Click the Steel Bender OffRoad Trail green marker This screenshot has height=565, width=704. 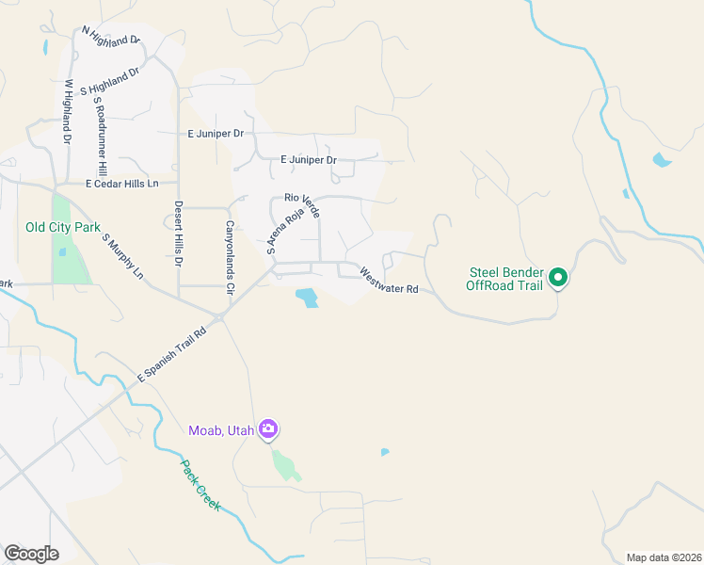(x=557, y=277)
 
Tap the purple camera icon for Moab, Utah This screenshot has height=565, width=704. (x=268, y=429)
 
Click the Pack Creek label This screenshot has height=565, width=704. (x=200, y=486)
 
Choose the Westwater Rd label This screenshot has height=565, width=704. (x=389, y=282)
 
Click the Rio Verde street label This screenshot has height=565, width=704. (x=302, y=205)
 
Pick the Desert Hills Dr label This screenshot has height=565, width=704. (x=178, y=234)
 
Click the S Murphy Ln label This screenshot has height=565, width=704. (x=123, y=257)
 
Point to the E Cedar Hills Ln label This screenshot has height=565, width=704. (x=121, y=184)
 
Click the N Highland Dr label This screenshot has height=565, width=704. (x=110, y=37)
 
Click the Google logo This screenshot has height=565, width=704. (x=31, y=554)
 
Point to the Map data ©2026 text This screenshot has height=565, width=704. (x=664, y=557)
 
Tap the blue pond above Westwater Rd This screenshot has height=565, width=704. (x=307, y=299)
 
